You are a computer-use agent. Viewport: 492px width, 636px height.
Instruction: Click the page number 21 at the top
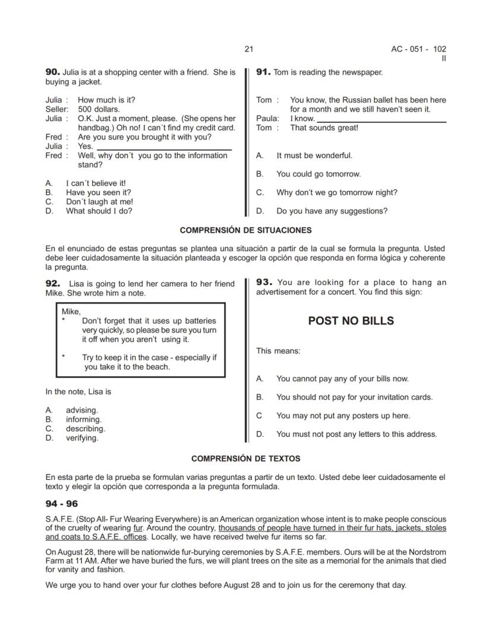[248, 49]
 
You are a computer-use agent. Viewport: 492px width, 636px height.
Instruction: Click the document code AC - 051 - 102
[418, 49]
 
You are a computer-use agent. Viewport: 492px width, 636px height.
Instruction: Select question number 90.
[52, 72]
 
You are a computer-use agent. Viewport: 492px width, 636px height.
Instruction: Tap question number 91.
[263, 72]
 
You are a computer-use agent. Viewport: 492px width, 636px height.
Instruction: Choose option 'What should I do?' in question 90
[99, 211]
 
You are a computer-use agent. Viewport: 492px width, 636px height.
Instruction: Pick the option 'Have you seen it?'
[98, 192]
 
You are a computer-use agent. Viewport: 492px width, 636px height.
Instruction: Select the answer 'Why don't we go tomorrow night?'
[336, 192]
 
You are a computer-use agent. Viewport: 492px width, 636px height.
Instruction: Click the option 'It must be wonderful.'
[314, 156]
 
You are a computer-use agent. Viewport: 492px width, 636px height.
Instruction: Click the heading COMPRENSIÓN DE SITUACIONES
[245, 230]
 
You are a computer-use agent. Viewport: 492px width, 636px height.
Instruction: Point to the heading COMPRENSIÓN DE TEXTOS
[245, 458]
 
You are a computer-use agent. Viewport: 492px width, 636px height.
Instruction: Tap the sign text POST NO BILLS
[351, 321]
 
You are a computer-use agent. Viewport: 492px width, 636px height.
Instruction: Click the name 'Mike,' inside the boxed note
[71, 311]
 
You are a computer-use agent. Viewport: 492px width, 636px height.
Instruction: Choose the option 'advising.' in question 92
[81, 410]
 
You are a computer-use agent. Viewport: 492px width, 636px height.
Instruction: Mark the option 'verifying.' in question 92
[82, 438]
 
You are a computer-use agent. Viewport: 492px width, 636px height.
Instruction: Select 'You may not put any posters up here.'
[343, 416]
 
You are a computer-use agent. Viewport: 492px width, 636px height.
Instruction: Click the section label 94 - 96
[62, 504]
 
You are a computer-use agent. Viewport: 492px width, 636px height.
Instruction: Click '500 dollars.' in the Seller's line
[99, 109]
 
